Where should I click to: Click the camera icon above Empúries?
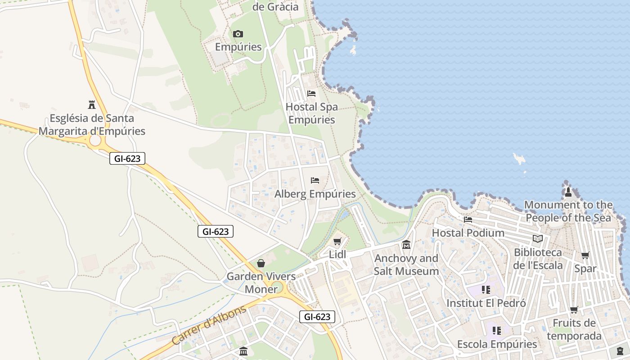238,34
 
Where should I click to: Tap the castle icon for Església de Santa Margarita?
92,105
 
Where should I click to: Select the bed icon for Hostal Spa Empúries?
311,94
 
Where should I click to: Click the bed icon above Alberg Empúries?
315,180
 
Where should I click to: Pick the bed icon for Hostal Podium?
468,220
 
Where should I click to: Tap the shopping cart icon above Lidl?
337,241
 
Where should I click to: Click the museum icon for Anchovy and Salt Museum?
406,245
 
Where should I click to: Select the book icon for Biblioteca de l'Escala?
537,238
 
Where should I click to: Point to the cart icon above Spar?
585,256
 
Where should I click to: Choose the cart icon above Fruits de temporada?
574,310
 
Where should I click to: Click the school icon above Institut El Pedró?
486,290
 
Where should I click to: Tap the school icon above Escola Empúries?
497,331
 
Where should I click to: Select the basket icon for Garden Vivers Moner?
261,263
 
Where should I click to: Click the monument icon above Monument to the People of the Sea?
568,192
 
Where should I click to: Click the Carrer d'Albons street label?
209,325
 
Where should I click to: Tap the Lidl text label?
337,254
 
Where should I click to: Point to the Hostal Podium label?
468,233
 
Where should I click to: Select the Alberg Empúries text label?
315,194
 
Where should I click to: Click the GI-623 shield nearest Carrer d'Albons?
317,317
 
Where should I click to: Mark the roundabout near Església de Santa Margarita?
95,141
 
